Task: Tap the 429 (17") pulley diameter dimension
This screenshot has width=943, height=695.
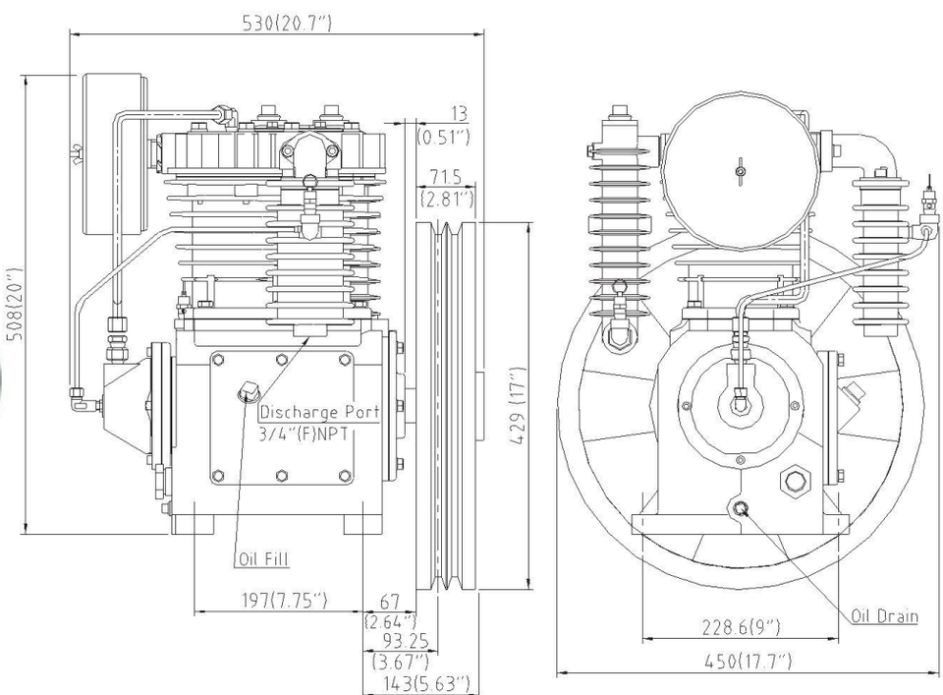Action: coord(519,407)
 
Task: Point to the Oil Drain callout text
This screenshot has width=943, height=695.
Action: coord(884,616)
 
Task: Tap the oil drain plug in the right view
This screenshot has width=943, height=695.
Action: coord(740,507)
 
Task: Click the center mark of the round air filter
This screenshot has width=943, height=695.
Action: coord(740,172)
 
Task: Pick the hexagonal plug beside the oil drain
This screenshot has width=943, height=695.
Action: coord(791,483)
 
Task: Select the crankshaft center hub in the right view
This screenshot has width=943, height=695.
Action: coord(739,398)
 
